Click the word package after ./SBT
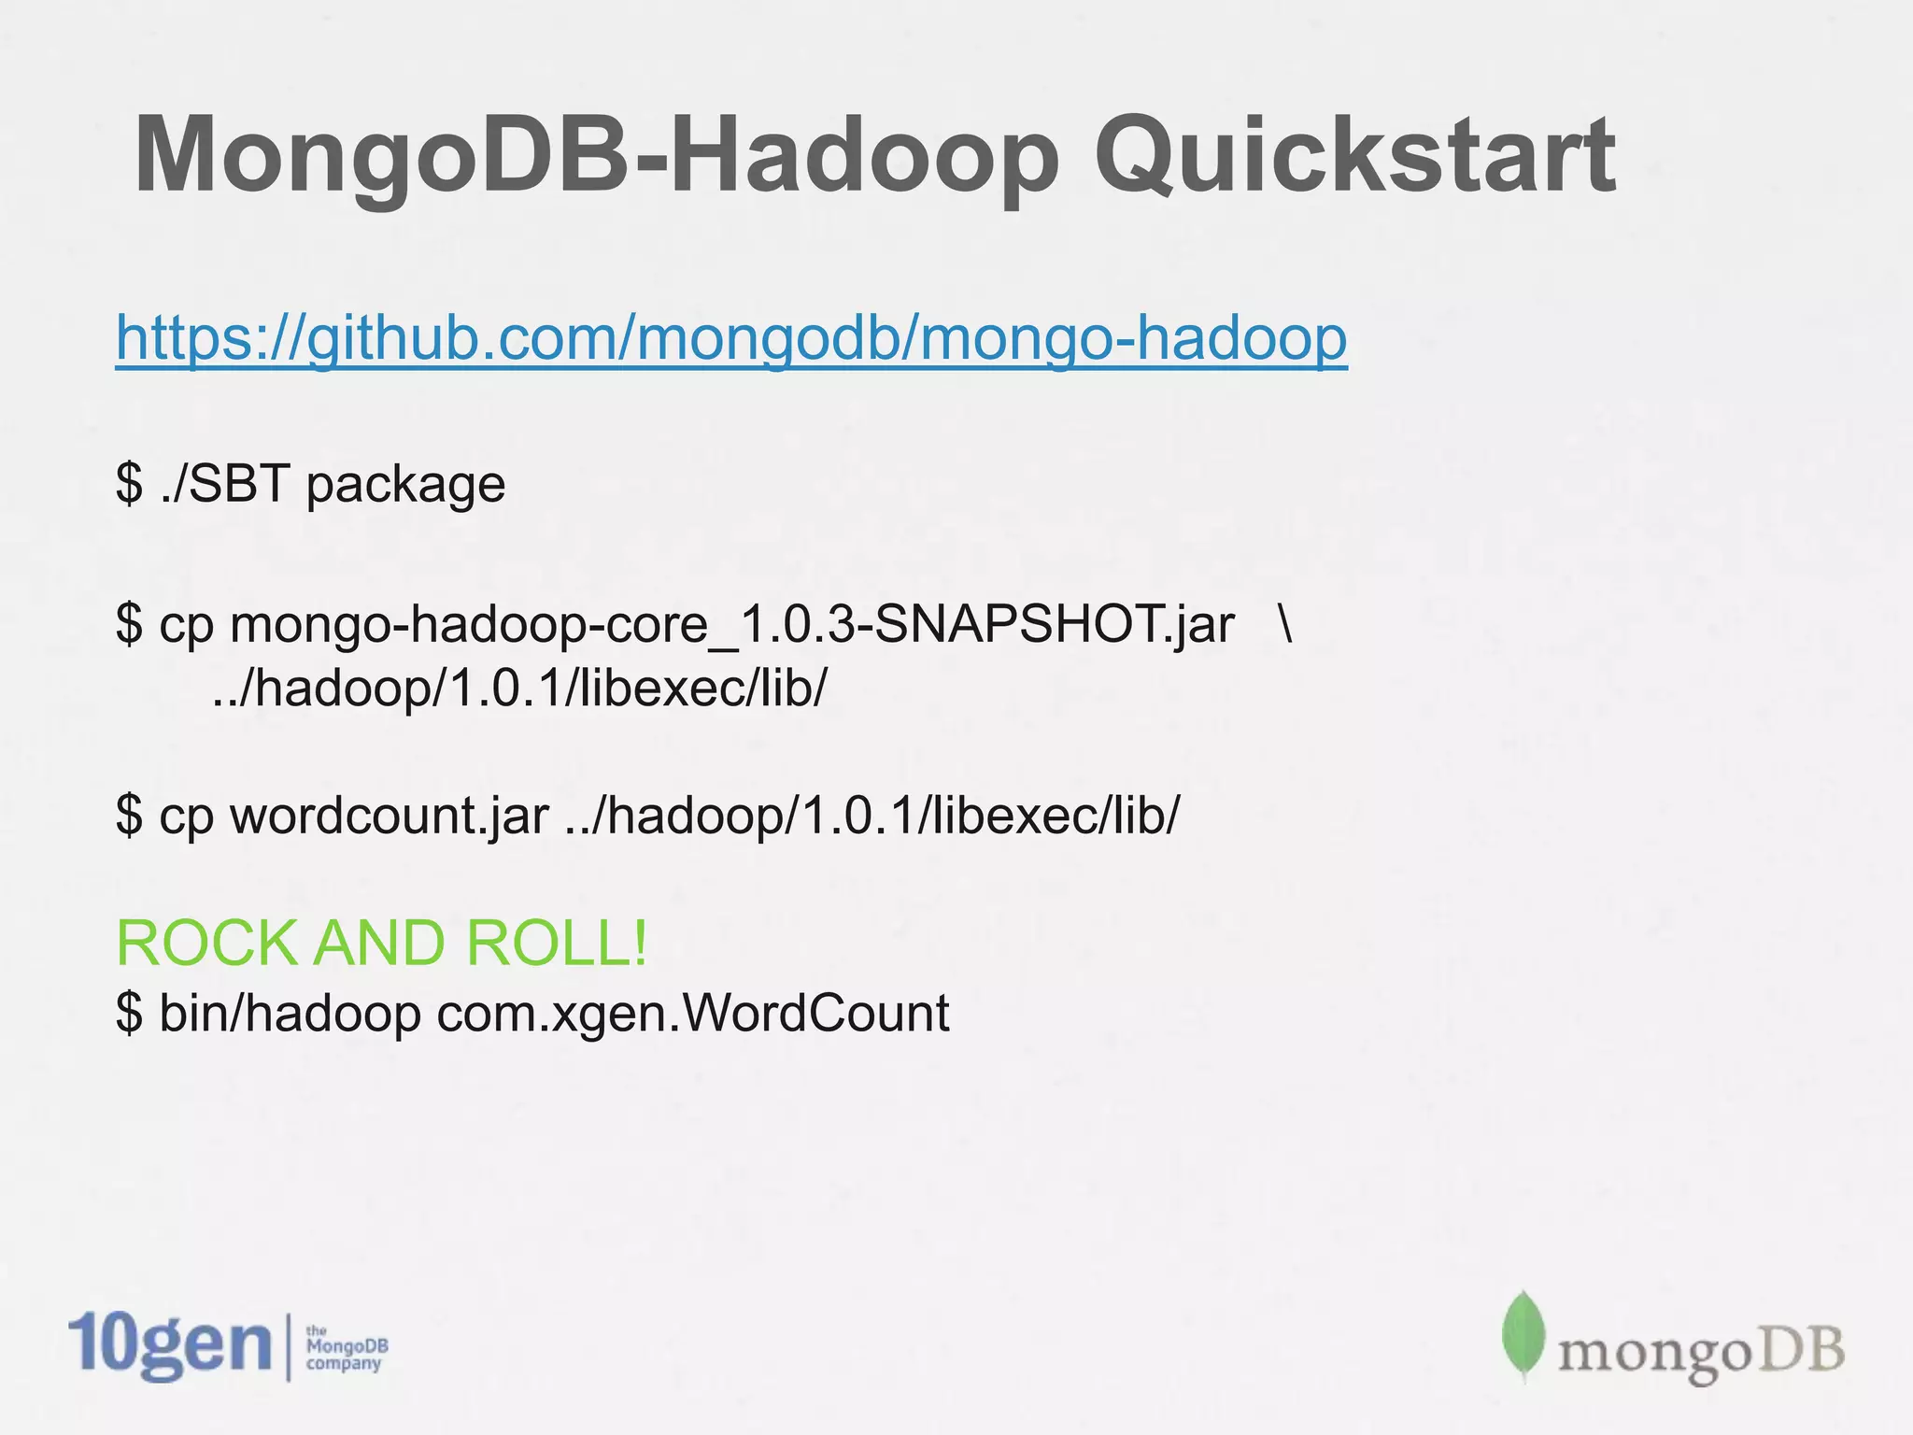click(405, 486)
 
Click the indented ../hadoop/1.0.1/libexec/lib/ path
click(519, 689)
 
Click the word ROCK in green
click(207, 944)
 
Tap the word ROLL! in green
click(557, 944)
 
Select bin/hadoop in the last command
click(290, 1015)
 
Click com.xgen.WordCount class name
click(692, 1015)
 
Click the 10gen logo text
click(170, 1345)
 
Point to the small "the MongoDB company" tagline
click(346, 1347)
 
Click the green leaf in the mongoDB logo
click(1523, 1336)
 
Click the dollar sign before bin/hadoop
click(129, 1015)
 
